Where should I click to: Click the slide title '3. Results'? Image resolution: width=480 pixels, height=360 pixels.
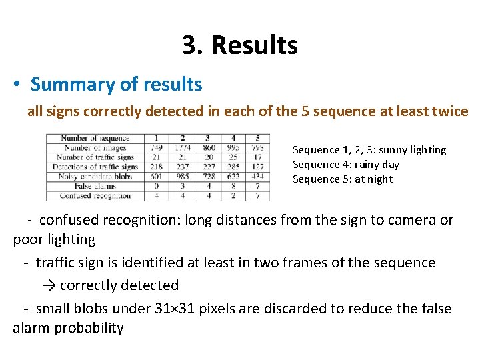(239, 45)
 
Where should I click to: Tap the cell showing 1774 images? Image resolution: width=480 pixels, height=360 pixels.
(182, 147)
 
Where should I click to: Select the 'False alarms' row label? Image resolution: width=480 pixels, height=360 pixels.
(95, 186)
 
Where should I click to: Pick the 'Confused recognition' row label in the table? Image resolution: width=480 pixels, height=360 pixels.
(95, 196)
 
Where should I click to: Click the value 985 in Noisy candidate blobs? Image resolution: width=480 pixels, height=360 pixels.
(182, 177)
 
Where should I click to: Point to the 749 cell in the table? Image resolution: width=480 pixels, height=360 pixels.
(156, 147)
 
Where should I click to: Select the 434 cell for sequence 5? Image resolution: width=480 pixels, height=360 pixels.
(258, 177)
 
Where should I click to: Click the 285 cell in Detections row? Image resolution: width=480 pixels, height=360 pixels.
(233, 167)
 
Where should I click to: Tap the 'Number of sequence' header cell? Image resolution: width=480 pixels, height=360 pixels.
(95, 138)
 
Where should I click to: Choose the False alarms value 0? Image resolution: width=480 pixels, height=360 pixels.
(156, 186)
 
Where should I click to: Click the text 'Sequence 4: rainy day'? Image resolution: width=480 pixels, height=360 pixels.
(346, 164)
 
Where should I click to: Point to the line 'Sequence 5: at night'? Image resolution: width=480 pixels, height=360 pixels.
(343, 179)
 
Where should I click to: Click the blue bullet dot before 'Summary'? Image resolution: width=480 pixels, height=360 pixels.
(17, 85)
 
